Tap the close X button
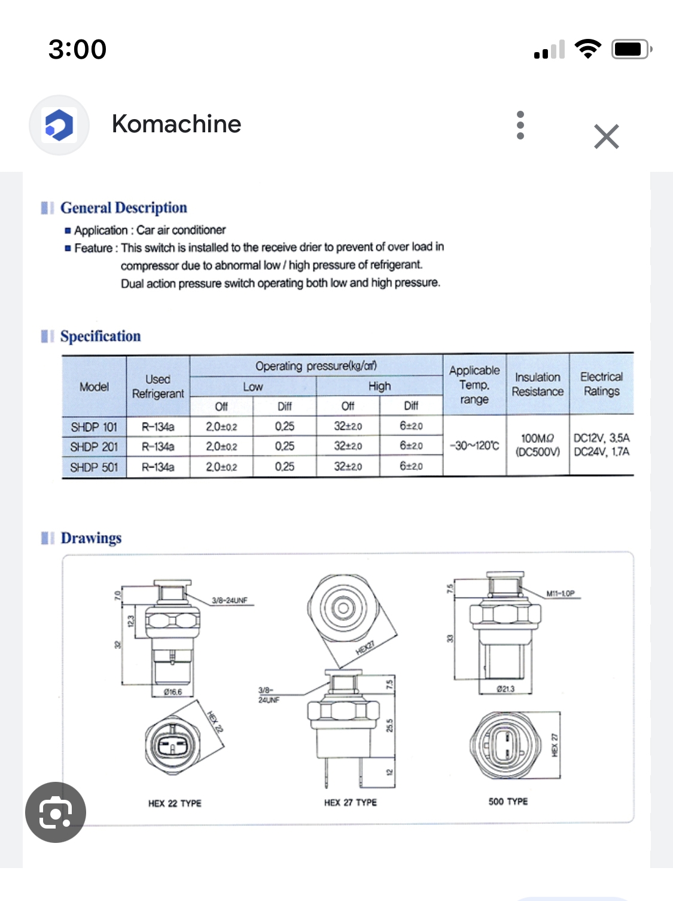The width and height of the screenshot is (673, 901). click(x=606, y=136)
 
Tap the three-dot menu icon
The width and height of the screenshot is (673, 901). click(x=520, y=125)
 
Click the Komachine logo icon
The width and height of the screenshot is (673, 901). click(x=59, y=125)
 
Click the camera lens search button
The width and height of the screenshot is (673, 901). click(x=56, y=812)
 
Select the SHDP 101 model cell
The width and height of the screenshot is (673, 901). click(x=94, y=427)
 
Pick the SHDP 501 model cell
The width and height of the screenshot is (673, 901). click(x=94, y=467)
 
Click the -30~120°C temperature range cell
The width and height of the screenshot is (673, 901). click(x=474, y=445)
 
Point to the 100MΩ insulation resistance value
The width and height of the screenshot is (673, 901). click(x=537, y=438)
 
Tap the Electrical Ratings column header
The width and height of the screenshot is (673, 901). click(x=601, y=384)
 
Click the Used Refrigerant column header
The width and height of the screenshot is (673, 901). click(x=158, y=386)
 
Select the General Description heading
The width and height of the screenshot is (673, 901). click(x=123, y=208)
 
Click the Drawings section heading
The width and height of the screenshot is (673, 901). click(x=91, y=538)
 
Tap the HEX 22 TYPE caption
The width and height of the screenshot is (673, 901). click(x=175, y=803)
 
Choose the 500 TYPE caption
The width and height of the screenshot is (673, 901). click(x=508, y=802)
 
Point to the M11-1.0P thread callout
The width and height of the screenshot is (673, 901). click(x=560, y=593)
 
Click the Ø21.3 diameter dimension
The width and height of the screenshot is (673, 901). click(x=505, y=689)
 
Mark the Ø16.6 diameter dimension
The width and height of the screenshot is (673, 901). click(x=173, y=692)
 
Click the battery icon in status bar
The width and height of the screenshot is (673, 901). click(x=631, y=49)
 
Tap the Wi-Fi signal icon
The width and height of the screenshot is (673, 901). click(x=587, y=49)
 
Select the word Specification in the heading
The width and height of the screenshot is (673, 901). click(x=101, y=336)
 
